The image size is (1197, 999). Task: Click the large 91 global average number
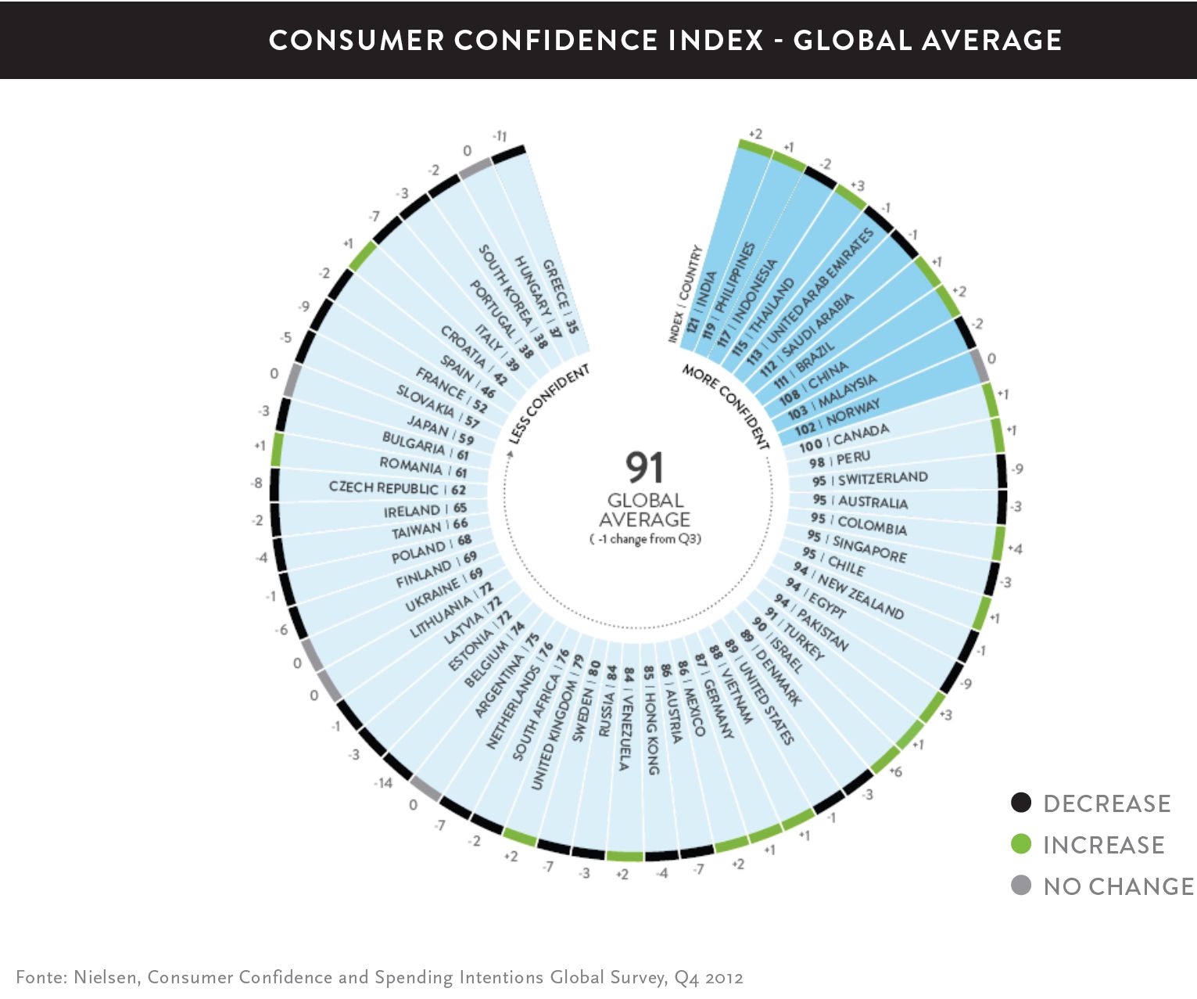[x=644, y=468]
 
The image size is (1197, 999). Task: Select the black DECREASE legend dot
[x=1021, y=803]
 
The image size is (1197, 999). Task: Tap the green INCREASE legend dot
[x=1021, y=844]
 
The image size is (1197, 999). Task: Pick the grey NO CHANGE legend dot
[x=1021, y=886]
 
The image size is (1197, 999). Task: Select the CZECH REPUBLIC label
[x=384, y=487]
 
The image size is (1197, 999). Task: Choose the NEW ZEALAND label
[x=860, y=598]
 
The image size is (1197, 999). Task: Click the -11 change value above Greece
[x=499, y=137]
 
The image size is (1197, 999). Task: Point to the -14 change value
[x=382, y=782]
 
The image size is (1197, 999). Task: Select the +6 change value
[x=896, y=771]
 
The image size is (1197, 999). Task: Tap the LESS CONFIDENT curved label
[x=548, y=404]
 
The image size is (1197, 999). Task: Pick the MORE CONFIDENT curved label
[x=726, y=406]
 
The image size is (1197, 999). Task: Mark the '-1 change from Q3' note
[x=645, y=539]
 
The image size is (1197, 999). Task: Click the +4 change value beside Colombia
[x=1015, y=549]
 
